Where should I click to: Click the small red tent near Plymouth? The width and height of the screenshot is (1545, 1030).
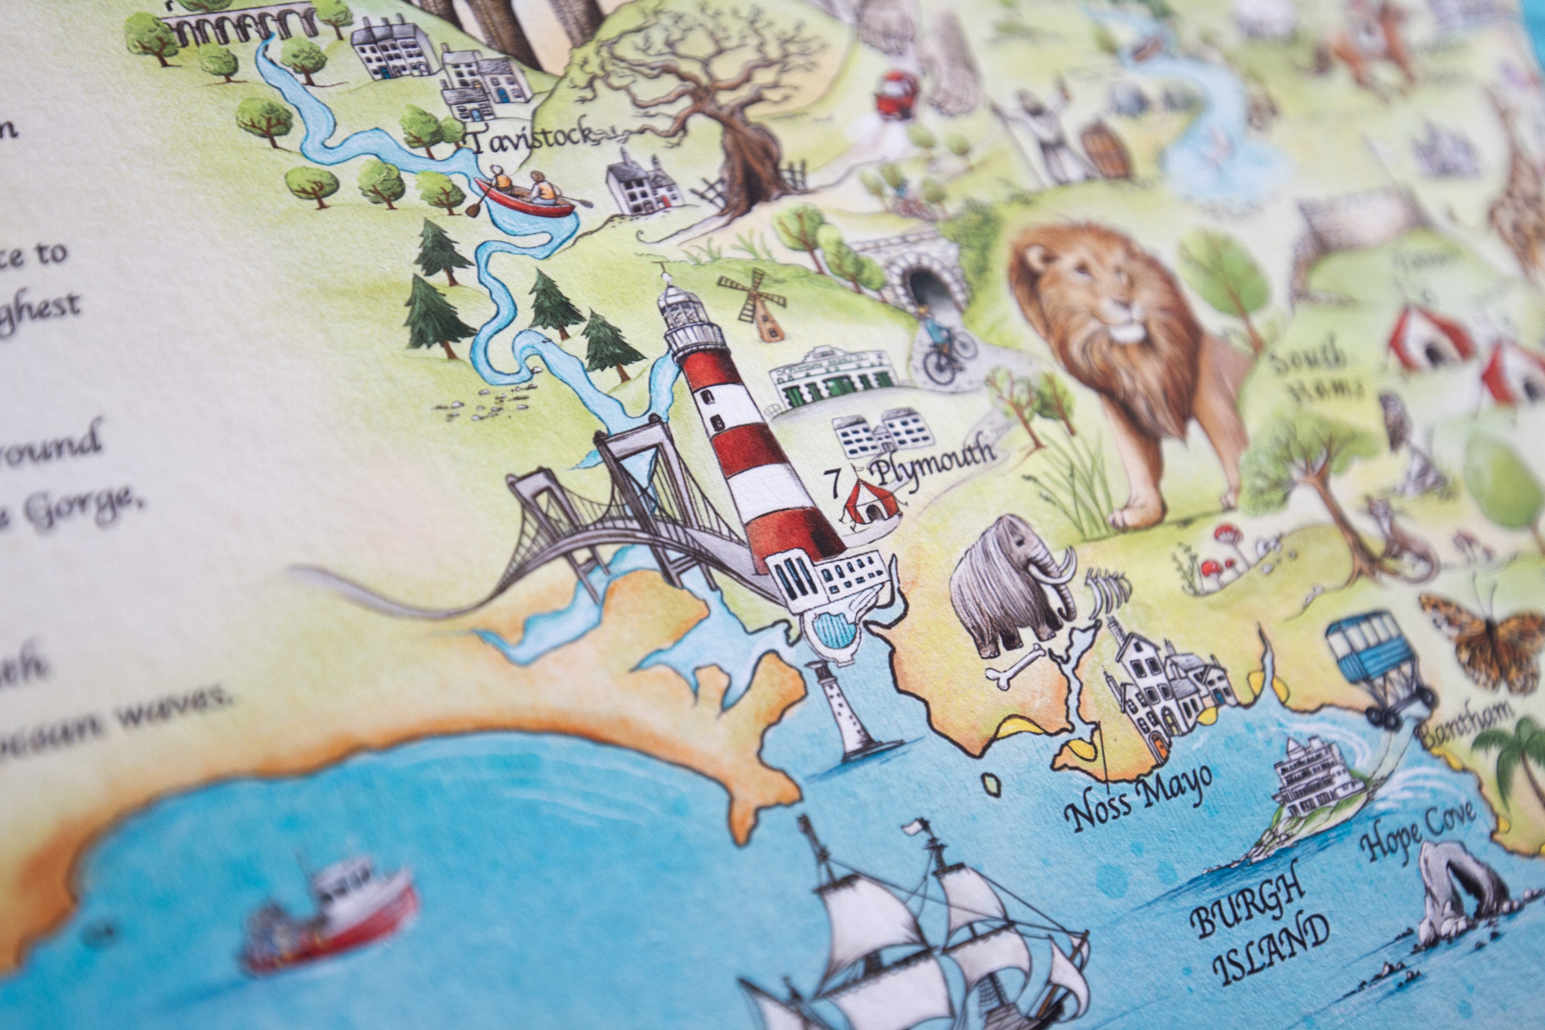(870, 503)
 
